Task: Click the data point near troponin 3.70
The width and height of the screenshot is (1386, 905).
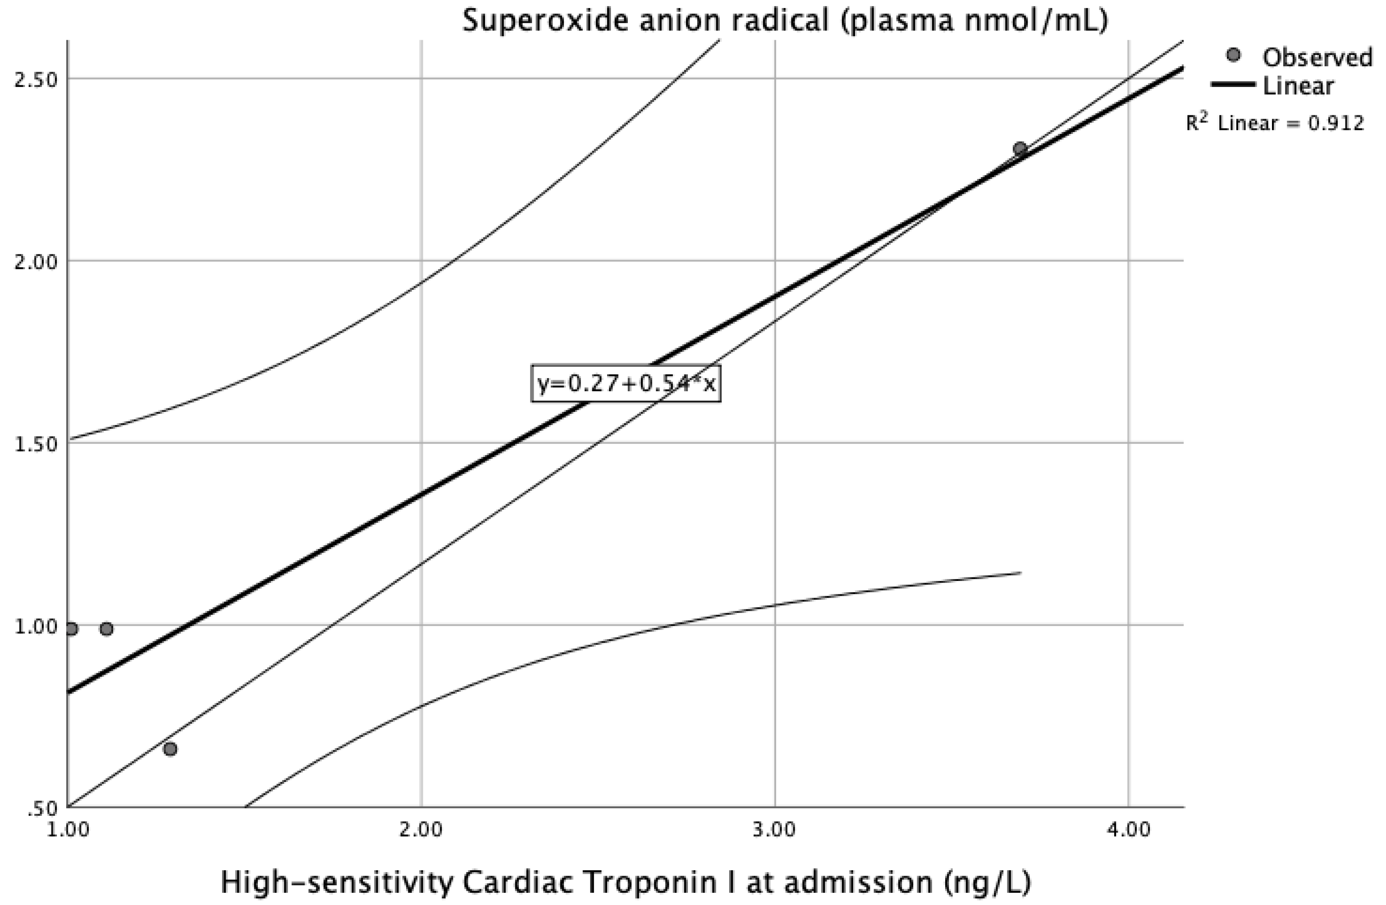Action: (1020, 148)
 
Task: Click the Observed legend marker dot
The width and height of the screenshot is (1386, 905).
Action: (1233, 55)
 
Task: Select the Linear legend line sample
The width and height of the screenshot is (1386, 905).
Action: (1233, 84)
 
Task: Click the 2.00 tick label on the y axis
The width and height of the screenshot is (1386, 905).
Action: (37, 262)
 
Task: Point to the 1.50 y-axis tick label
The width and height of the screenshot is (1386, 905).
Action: (37, 444)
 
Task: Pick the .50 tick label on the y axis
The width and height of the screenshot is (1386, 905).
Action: (42, 809)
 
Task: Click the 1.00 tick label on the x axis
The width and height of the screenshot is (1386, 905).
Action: (69, 829)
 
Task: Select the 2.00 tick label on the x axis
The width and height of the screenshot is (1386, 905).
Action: (421, 829)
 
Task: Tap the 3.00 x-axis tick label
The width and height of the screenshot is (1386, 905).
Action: (774, 829)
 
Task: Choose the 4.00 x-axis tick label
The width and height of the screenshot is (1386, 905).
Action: (1129, 829)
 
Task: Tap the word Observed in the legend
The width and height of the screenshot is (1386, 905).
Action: (1317, 57)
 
